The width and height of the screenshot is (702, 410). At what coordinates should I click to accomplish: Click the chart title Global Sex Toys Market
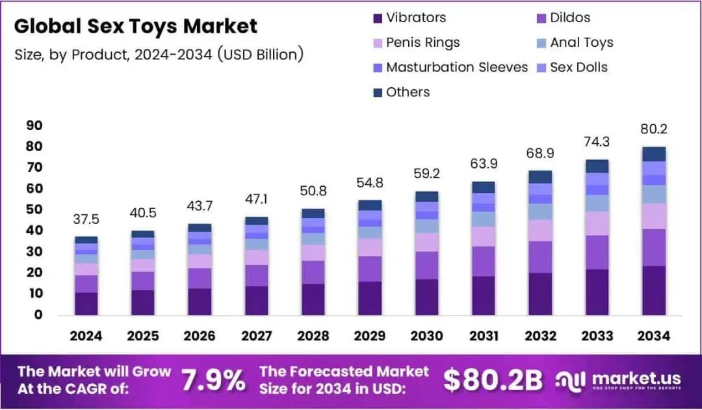(x=135, y=26)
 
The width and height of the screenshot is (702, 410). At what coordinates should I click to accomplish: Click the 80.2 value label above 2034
(x=653, y=129)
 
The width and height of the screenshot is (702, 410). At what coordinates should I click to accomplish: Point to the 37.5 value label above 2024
(x=86, y=219)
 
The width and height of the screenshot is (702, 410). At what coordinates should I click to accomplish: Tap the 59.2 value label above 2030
(x=426, y=174)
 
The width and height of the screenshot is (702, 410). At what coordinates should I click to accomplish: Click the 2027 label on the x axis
(x=256, y=335)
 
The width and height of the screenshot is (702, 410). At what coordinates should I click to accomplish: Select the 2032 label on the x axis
(x=540, y=335)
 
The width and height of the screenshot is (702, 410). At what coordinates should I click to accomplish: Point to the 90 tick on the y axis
(x=34, y=125)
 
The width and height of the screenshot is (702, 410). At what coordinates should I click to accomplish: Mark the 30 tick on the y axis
(x=34, y=251)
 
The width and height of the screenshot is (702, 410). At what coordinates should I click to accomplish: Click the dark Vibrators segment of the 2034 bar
(x=653, y=290)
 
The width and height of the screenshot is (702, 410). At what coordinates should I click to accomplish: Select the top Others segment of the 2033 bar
(x=597, y=166)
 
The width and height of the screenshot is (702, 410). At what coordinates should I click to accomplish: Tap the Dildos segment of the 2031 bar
(x=483, y=261)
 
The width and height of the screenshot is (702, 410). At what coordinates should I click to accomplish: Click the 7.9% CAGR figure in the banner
(x=212, y=381)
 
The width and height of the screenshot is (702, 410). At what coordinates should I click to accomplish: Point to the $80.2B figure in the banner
(x=493, y=381)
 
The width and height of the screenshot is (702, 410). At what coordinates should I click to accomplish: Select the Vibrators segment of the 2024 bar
(x=86, y=303)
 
